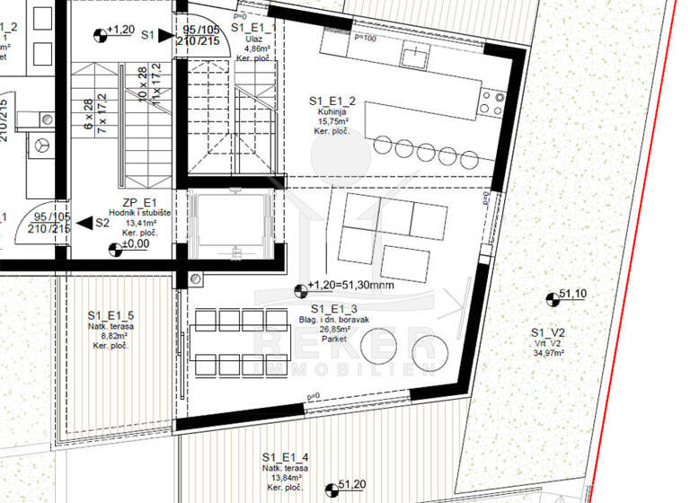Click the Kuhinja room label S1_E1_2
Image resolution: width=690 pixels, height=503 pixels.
329,101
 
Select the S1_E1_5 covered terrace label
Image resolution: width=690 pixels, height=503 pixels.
111,315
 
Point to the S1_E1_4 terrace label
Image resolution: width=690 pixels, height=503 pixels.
287,455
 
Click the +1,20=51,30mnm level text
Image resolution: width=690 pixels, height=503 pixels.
350,286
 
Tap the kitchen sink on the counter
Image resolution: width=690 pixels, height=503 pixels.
414,57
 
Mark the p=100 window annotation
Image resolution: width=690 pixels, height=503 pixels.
365,38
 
